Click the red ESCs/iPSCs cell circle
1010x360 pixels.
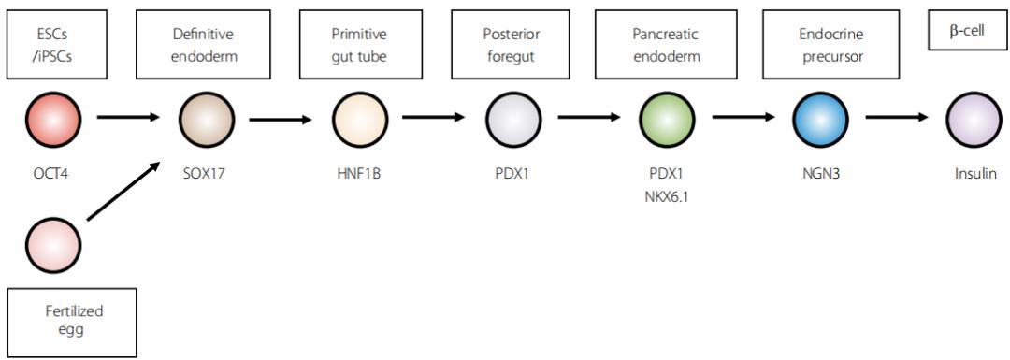53,119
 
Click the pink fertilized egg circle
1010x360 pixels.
53,245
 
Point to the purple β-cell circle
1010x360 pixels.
974,119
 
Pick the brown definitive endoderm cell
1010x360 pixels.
206,119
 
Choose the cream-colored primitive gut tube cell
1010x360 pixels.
360,119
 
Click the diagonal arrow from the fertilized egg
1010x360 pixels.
123,192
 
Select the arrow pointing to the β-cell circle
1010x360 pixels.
897,117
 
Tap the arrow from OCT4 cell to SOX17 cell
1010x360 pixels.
128,117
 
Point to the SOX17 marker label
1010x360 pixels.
206,173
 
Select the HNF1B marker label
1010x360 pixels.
360,173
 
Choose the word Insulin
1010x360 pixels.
974,173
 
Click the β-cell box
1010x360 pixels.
967,30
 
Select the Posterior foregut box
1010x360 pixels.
512,45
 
